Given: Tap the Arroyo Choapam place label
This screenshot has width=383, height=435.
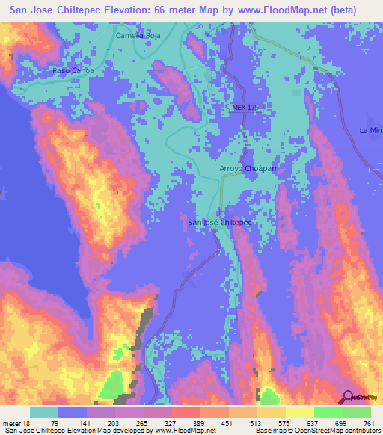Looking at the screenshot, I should pyautogui.click(x=248, y=170).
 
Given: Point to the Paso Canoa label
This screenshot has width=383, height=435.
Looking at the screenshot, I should pyautogui.click(x=72, y=70).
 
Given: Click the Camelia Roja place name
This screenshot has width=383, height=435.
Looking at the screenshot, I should pyautogui.click(x=138, y=35).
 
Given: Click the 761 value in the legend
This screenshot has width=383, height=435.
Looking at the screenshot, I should pyautogui.click(x=369, y=423).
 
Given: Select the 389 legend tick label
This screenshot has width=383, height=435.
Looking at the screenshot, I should pyautogui.click(x=200, y=423).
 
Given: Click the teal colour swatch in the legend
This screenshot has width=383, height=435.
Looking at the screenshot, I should pyautogui.click(x=44, y=412).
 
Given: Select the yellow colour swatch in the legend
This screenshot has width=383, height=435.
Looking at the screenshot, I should pyautogui.click(x=299, y=412).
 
